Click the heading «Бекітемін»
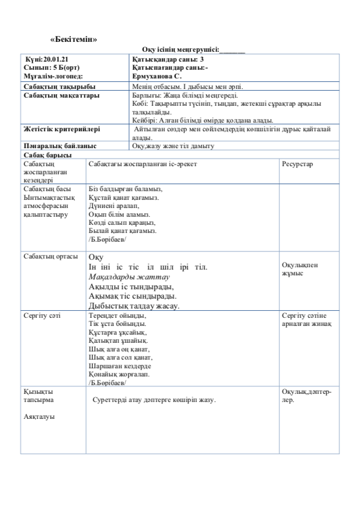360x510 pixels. (x=73, y=39)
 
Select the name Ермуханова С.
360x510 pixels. (x=157, y=76)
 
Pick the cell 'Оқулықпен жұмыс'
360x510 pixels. (x=300, y=269)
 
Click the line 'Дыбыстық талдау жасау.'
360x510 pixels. (x=134, y=306)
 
